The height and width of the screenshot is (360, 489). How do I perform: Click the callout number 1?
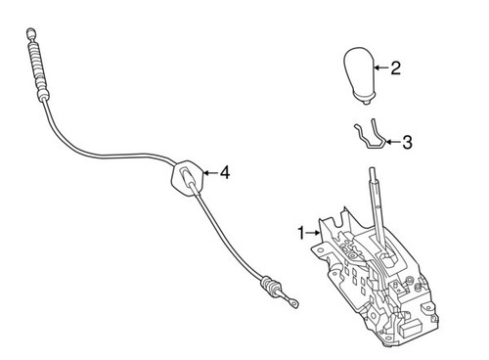[x=301, y=233]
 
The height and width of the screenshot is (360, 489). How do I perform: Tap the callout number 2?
[x=395, y=68]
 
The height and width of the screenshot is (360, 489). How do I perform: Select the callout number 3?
[x=407, y=142]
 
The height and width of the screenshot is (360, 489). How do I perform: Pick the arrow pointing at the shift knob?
[x=382, y=68]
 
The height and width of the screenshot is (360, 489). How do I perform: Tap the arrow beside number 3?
[x=392, y=142]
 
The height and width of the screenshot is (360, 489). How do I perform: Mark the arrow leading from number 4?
[x=209, y=173]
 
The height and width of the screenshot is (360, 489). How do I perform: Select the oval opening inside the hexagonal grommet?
[x=186, y=177]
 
